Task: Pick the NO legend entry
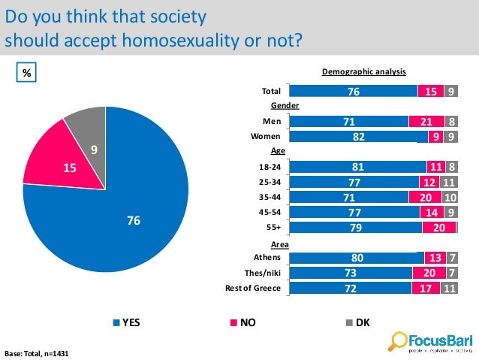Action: click(241, 322)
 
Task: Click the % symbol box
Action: click(27, 73)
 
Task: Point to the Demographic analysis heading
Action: click(363, 72)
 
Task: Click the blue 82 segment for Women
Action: click(353, 137)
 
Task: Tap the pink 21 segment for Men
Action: click(426, 121)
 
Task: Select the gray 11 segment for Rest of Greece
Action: click(450, 288)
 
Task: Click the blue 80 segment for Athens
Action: click(357, 258)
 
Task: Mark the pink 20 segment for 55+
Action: click(438, 228)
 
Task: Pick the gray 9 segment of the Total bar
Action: click(450, 91)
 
